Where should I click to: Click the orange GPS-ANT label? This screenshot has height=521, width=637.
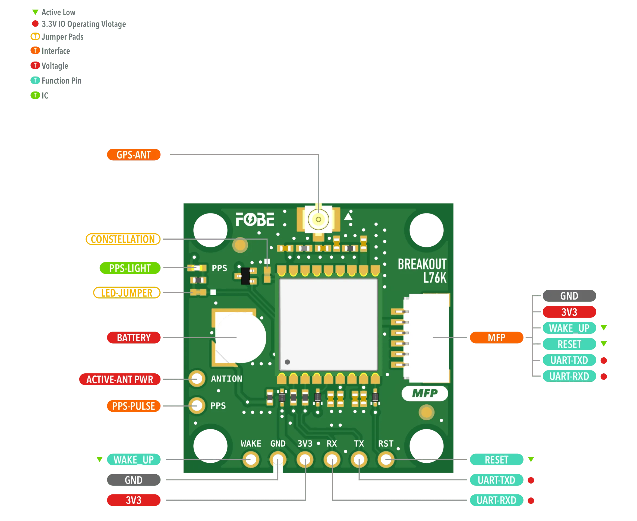coord(134,155)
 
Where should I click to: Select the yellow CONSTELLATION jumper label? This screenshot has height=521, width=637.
coord(123,239)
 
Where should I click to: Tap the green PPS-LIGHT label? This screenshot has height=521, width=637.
coord(130,268)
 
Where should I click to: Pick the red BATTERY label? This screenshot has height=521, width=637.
coord(134,338)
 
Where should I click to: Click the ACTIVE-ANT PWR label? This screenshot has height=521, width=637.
coord(120,379)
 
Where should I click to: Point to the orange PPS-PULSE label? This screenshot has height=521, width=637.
coord(134,406)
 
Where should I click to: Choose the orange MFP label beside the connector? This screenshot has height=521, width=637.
coord(496,338)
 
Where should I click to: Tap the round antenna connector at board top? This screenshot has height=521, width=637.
coord(318,219)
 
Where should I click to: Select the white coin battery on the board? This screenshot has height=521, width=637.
coord(240,338)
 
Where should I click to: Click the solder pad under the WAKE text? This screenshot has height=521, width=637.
coord(251,459)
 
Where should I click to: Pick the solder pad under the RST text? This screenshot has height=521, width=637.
coord(386,459)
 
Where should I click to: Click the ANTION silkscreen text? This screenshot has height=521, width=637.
coord(226,379)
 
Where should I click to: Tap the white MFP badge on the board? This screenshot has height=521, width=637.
coord(425,393)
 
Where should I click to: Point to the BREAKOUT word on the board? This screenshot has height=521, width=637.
coord(422,264)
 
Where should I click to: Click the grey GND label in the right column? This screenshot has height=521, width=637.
coord(569,296)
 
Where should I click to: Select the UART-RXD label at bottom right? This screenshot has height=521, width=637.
coord(496,500)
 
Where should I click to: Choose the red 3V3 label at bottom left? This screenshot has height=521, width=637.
coord(134,500)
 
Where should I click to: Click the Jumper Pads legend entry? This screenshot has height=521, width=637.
coord(57,37)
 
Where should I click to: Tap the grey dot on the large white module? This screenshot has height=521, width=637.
coord(288,362)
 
